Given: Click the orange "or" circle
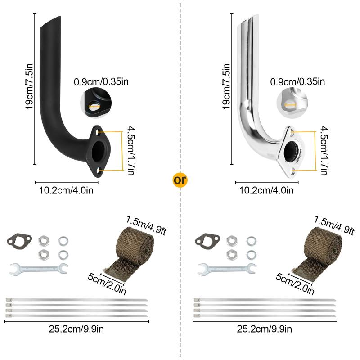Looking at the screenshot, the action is click(x=180, y=180).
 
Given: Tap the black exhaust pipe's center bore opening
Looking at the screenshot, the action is click(x=99, y=151).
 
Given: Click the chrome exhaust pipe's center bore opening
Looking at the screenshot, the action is click(x=291, y=151).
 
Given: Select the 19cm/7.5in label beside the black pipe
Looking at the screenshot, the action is click(x=29, y=86).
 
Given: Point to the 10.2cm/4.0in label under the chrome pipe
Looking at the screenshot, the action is click(x=266, y=190).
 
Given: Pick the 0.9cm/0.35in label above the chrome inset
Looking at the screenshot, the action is click(x=297, y=82).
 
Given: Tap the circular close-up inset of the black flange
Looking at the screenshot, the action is click(x=96, y=103).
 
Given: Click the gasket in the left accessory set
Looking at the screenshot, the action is click(x=19, y=240).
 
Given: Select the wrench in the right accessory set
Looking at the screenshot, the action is click(x=227, y=269).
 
